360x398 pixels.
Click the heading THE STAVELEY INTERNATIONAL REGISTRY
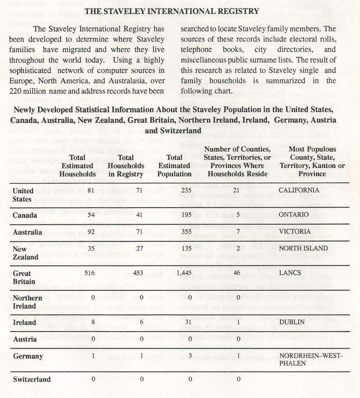coord(171,11)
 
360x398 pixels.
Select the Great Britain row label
coord(24,277)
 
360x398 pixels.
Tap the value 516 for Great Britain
coord(90,273)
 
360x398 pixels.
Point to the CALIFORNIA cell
coord(299,190)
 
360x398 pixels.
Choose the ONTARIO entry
coord(294,215)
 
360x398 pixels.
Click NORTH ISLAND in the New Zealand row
coord(301,248)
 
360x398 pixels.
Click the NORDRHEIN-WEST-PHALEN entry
coord(311,359)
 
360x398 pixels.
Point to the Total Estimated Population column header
coord(174,166)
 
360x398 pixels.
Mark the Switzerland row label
coord(32,379)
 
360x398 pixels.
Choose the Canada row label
coord(24,215)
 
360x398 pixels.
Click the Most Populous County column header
coord(311,161)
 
